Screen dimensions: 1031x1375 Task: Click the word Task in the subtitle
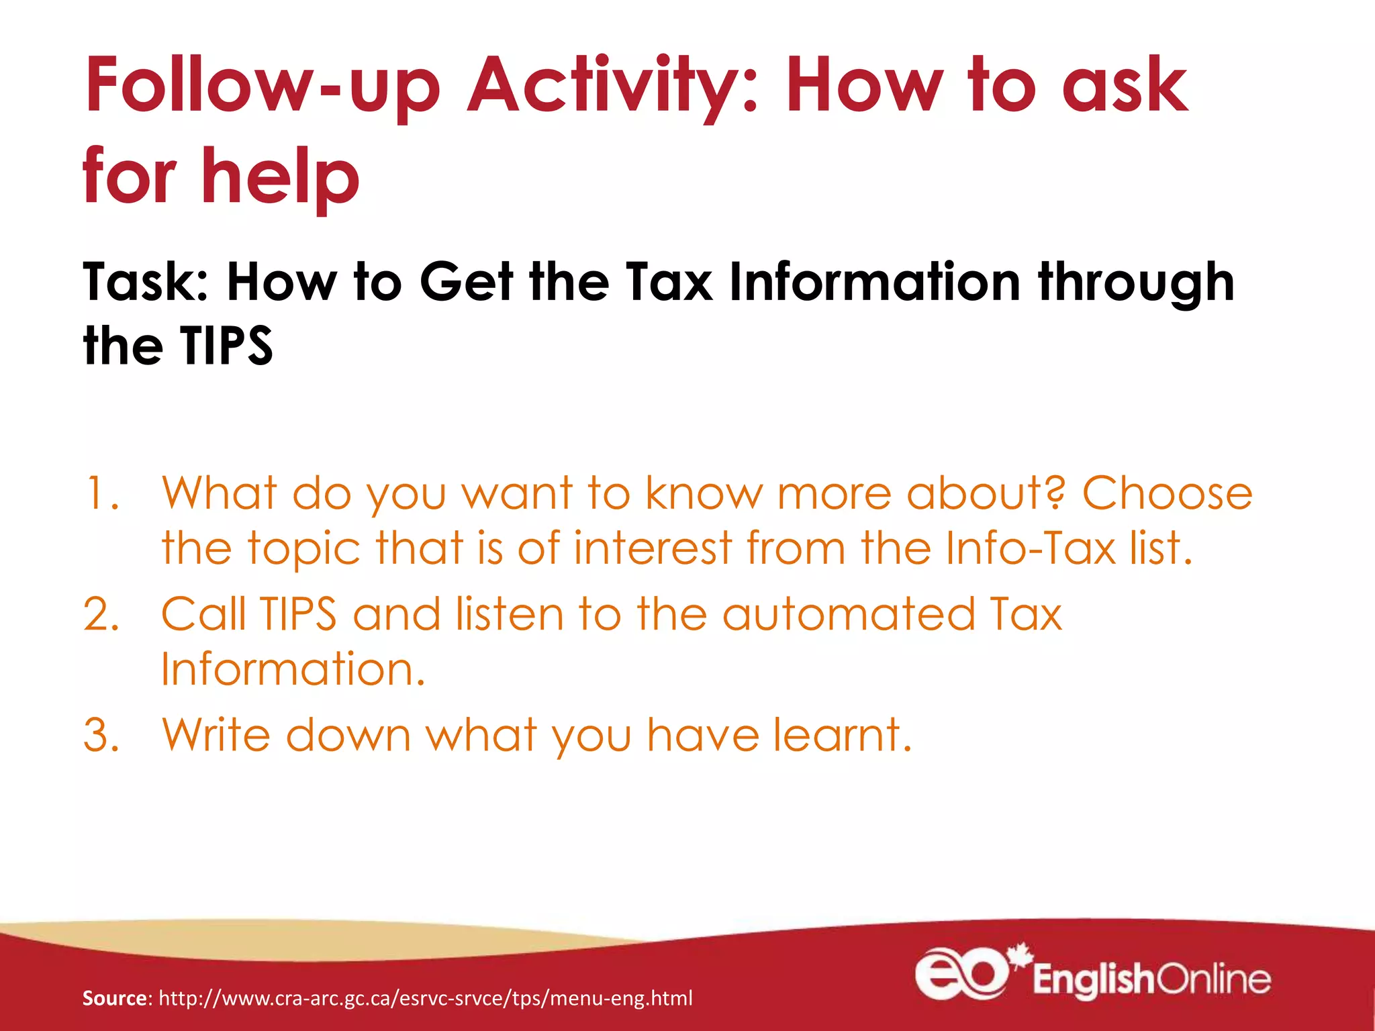145,283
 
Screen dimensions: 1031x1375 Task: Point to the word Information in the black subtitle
875,283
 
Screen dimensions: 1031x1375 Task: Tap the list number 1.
101,493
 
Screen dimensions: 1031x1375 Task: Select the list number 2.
101,614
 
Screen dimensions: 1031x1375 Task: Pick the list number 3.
101,735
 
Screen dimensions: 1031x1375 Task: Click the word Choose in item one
1167,493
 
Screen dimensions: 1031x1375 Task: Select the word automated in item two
849,614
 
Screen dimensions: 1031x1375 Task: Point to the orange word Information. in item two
293,669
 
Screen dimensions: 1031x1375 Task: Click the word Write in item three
216,735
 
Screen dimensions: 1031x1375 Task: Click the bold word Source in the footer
114,998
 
